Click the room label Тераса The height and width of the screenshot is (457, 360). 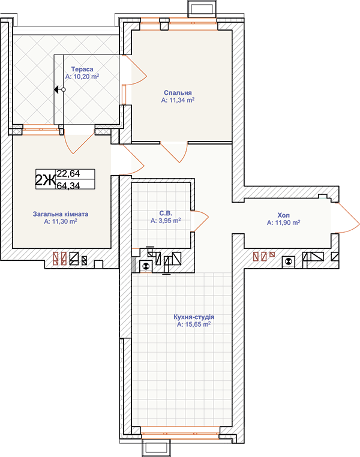[x=82, y=69]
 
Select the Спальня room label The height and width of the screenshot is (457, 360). [x=178, y=93]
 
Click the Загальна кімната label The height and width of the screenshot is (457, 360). [x=61, y=214]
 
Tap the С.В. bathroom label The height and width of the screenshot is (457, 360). [x=166, y=214]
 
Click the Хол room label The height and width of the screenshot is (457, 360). [x=283, y=215]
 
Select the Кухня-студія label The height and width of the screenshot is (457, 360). [x=194, y=317]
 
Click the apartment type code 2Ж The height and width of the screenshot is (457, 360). [x=45, y=180]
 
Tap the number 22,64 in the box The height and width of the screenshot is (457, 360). [x=68, y=174]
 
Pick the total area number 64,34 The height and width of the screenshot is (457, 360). [x=68, y=185]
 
